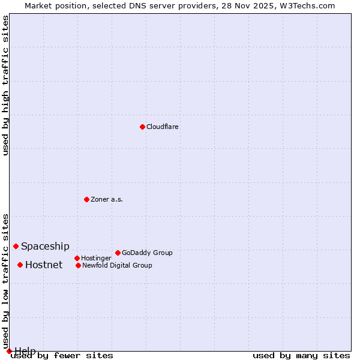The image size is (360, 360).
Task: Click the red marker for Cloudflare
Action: coord(142,127)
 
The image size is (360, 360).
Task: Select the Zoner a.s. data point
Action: coord(86,199)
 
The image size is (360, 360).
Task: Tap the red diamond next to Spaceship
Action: coord(16,246)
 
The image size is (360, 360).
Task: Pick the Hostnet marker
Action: coord(20,265)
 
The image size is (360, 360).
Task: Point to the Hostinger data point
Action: coord(77,258)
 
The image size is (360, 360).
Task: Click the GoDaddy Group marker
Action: coord(118,253)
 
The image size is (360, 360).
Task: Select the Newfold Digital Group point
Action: coord(78,265)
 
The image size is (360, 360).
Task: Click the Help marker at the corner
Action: coord(9,351)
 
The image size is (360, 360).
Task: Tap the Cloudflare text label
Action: coord(163,127)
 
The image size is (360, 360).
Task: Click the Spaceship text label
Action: coord(45,247)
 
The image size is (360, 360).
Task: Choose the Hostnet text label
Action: coord(44,265)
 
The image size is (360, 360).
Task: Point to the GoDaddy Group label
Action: coord(147,253)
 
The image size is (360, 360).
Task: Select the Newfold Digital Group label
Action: coord(117,266)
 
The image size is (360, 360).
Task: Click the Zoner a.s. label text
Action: coord(107,200)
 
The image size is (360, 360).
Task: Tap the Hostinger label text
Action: coord(96,259)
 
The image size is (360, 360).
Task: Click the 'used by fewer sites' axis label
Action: coord(62,356)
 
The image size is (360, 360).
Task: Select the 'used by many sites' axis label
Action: coord(301,356)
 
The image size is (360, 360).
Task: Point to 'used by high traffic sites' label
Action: coord(6,85)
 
